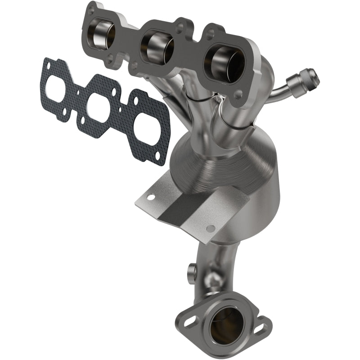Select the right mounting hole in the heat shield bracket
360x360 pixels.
pos(210,228)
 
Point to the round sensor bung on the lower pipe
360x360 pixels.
pos(191,270)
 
